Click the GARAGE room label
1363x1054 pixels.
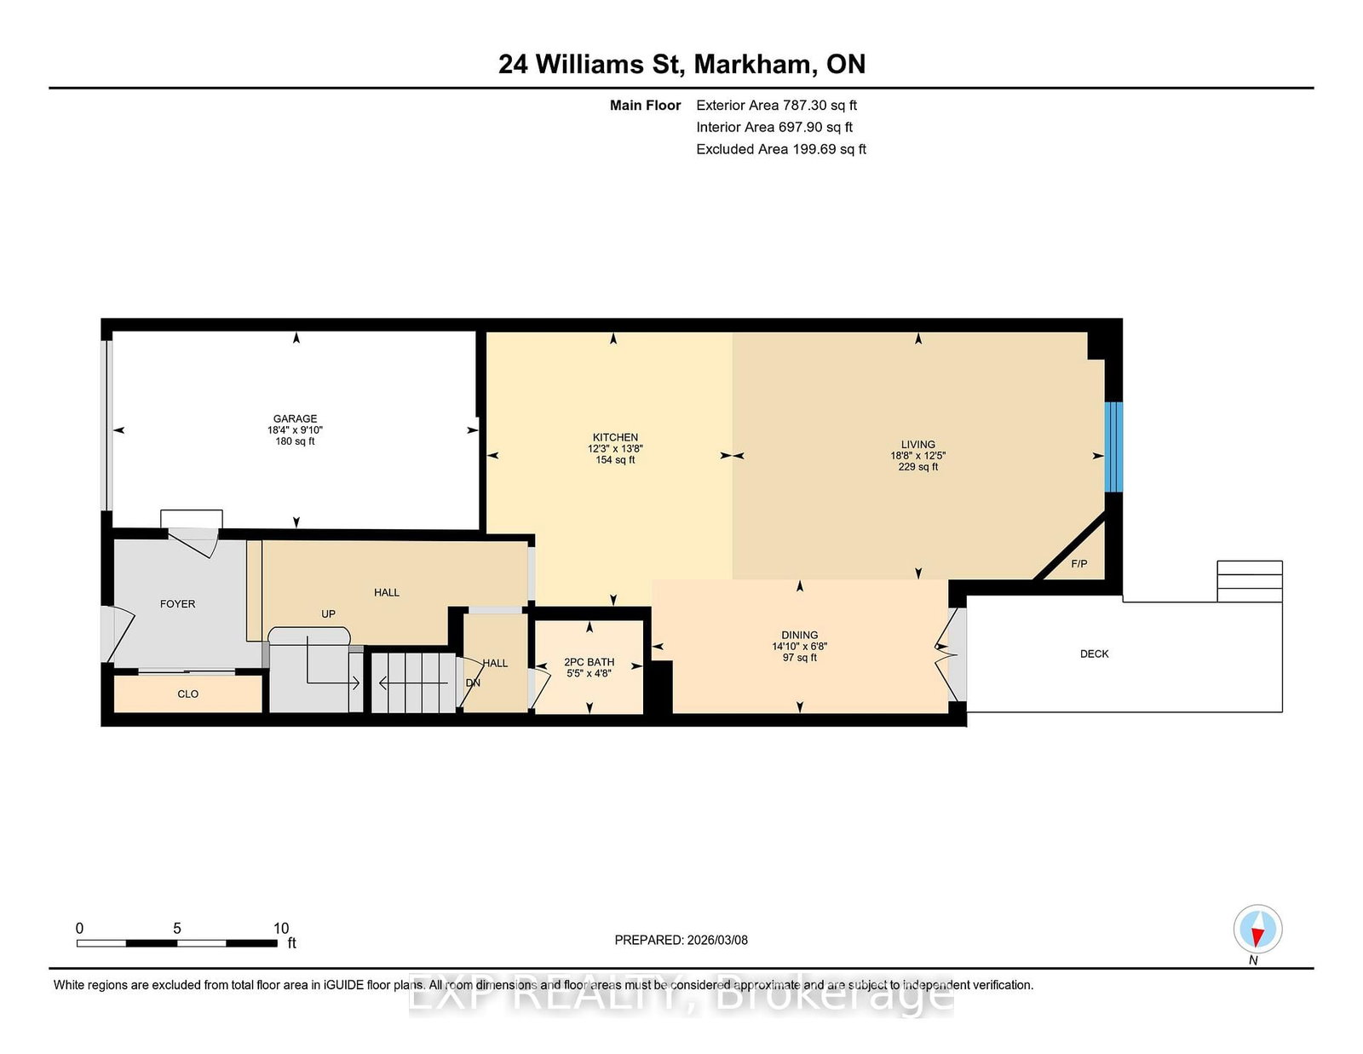295,418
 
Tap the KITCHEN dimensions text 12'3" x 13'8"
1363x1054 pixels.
615,448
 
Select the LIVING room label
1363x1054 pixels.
917,444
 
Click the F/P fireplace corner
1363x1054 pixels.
1078,563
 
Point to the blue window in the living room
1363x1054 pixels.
1113,446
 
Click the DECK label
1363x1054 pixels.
1094,654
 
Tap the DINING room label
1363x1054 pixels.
799,635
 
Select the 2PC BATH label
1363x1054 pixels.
589,662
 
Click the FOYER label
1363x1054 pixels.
177,603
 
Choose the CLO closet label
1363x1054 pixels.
187,694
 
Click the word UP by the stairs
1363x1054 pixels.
328,613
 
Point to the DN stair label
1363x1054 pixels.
473,683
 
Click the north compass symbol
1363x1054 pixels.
1257,929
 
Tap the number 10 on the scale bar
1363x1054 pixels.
281,928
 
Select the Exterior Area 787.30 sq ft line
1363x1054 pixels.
776,105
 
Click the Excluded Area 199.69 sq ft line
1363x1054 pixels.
780,149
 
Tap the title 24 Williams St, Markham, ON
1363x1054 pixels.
681,64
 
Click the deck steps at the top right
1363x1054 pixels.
1249,581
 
